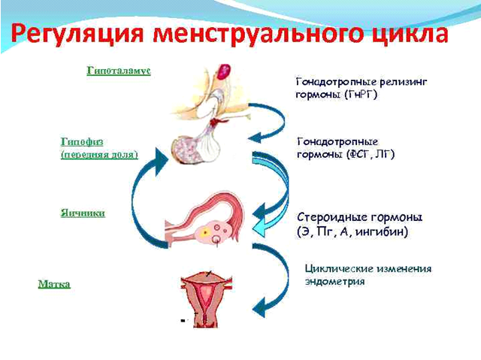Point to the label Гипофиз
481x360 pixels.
click(78, 141)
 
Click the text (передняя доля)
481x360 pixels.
click(98, 153)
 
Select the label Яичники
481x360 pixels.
click(82, 213)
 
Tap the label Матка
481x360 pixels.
click(54, 284)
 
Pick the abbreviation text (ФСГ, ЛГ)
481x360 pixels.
click(366, 154)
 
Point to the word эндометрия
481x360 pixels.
click(336, 282)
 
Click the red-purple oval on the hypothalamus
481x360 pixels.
click(224, 71)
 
